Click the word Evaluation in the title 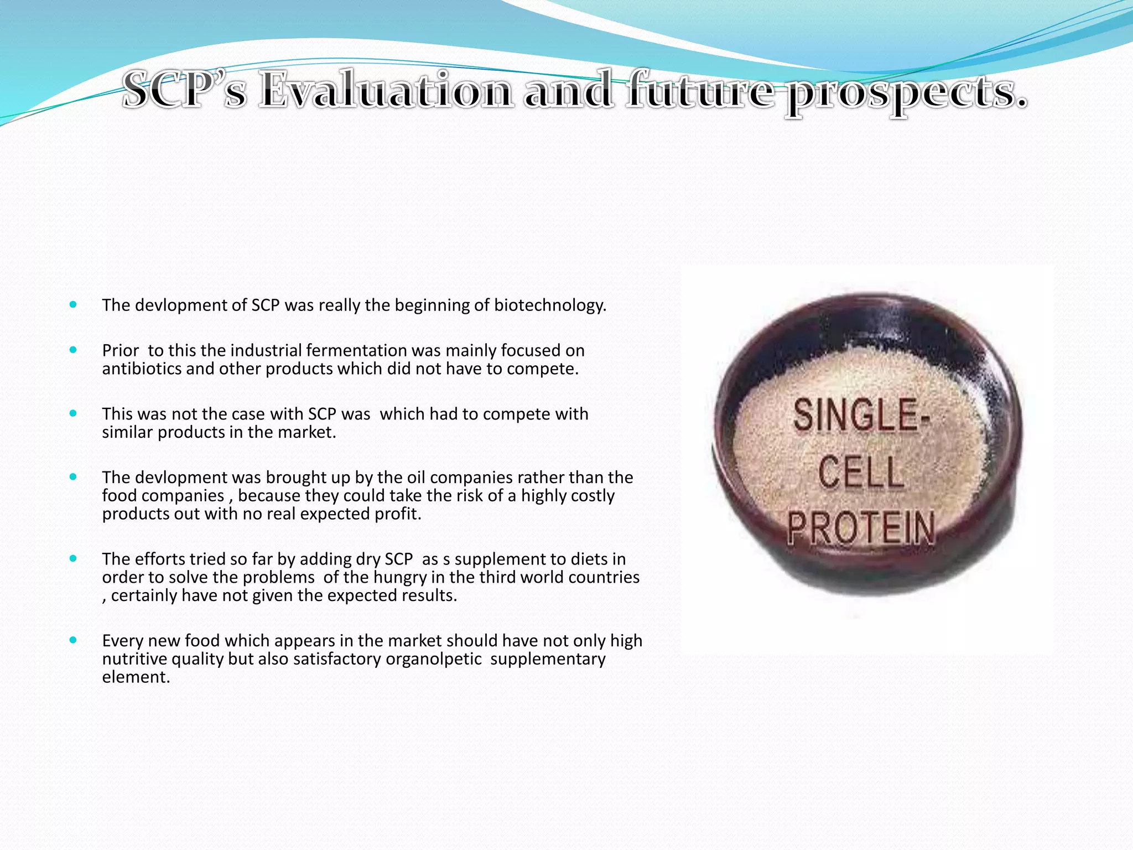tap(386, 90)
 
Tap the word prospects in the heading tap(906, 92)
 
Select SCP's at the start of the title tap(184, 90)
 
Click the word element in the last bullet tap(136, 677)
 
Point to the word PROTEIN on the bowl tap(861, 528)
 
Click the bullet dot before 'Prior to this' tap(73, 350)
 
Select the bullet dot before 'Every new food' tap(73, 640)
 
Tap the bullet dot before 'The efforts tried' tap(73, 559)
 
